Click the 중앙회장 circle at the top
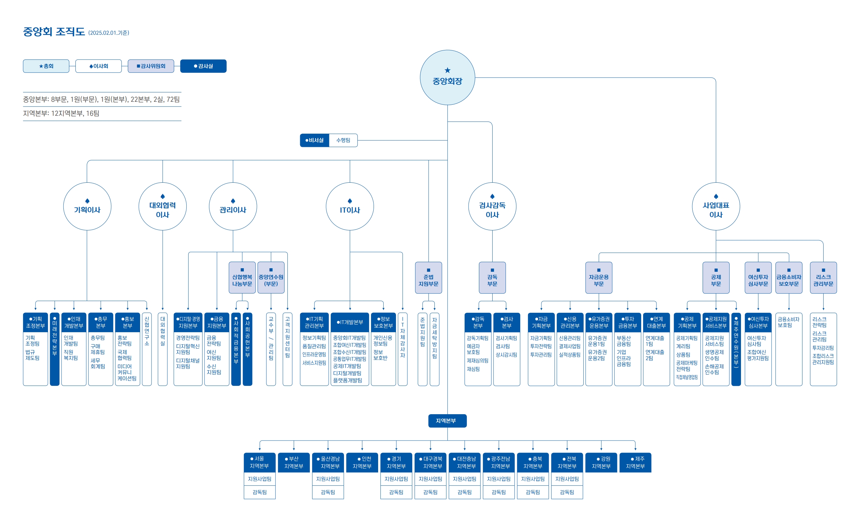pos(447,77)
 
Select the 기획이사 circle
pos(87,206)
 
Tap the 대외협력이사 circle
pos(163,206)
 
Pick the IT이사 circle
pos(350,206)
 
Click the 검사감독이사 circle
pos(492,206)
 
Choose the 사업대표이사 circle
pos(716,206)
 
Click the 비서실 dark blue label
pos(314,140)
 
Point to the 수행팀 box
pos(343,140)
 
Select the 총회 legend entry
pos(46,66)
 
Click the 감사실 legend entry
pos(203,66)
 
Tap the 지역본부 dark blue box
pos(447,421)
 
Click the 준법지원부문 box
pos(428,278)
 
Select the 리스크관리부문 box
pos(823,278)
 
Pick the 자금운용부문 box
pos(599,278)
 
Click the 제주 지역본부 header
pos(635,463)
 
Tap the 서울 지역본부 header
pos(259,463)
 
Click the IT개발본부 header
pos(350,322)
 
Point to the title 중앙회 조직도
pos(54,32)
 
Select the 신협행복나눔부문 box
pos(242,278)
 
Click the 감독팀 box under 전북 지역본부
pos(567,492)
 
